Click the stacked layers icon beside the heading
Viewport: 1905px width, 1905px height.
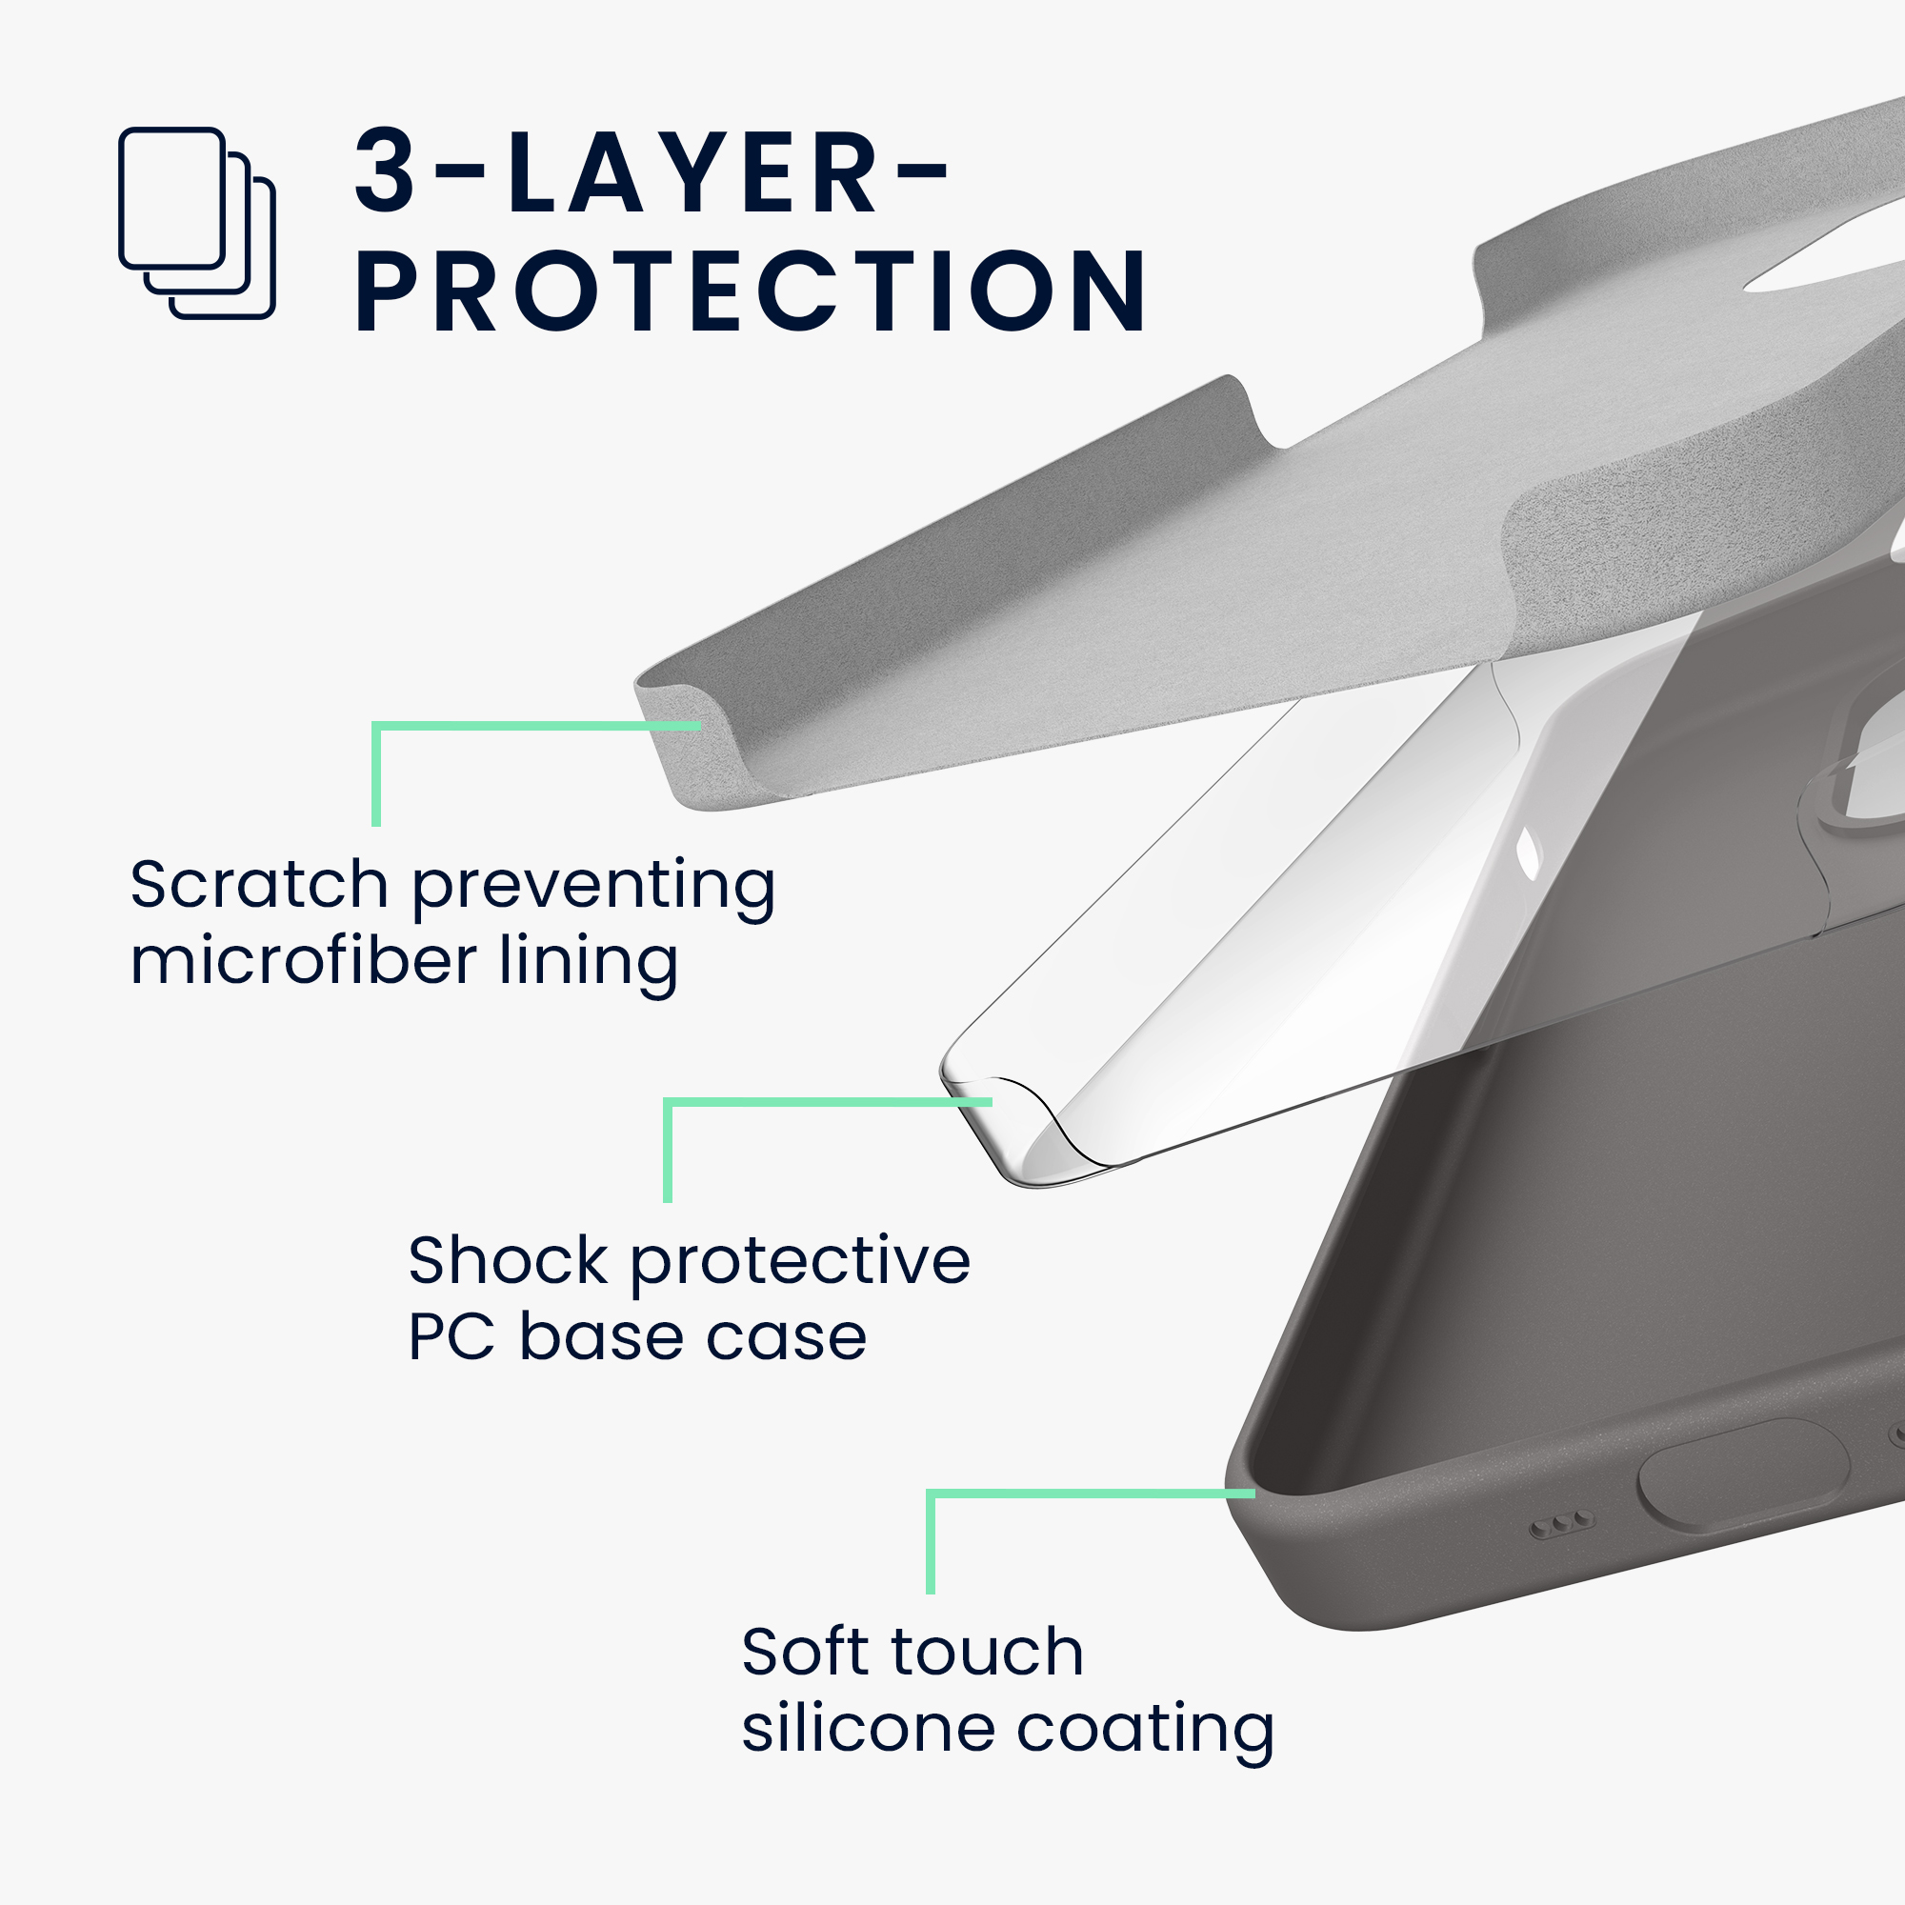coord(196,223)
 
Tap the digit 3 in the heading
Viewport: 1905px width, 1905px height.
coord(386,170)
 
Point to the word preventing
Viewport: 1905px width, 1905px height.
coord(593,888)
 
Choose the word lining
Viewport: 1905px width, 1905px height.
coord(589,964)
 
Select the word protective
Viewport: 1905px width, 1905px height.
coord(801,1264)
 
